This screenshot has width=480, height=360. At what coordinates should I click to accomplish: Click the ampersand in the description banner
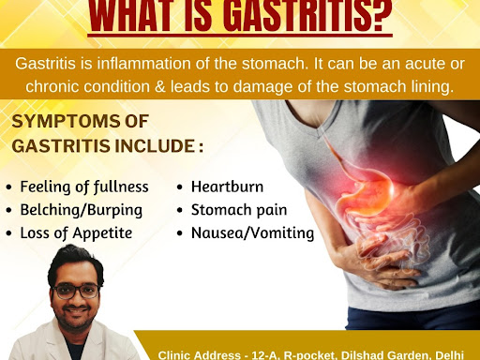coord(160,86)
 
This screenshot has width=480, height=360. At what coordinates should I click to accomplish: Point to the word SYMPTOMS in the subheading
coord(67,121)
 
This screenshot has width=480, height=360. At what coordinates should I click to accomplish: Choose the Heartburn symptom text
coord(227,187)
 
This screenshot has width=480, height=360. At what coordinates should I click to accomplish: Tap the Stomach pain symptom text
coord(239,210)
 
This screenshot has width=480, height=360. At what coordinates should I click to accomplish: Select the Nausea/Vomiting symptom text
coord(252,233)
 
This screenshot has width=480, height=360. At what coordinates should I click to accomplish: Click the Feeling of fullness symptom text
coord(84,187)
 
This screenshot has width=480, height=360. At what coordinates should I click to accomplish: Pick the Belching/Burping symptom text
coord(82,210)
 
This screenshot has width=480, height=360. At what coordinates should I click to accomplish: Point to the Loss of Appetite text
coord(76,233)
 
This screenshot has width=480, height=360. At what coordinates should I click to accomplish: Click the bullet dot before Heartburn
coord(179,187)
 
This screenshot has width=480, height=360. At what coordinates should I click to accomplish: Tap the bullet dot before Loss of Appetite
coord(8,233)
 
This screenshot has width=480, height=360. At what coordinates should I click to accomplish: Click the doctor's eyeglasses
coord(76,291)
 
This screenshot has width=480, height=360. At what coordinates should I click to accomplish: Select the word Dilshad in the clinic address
coord(362,355)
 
